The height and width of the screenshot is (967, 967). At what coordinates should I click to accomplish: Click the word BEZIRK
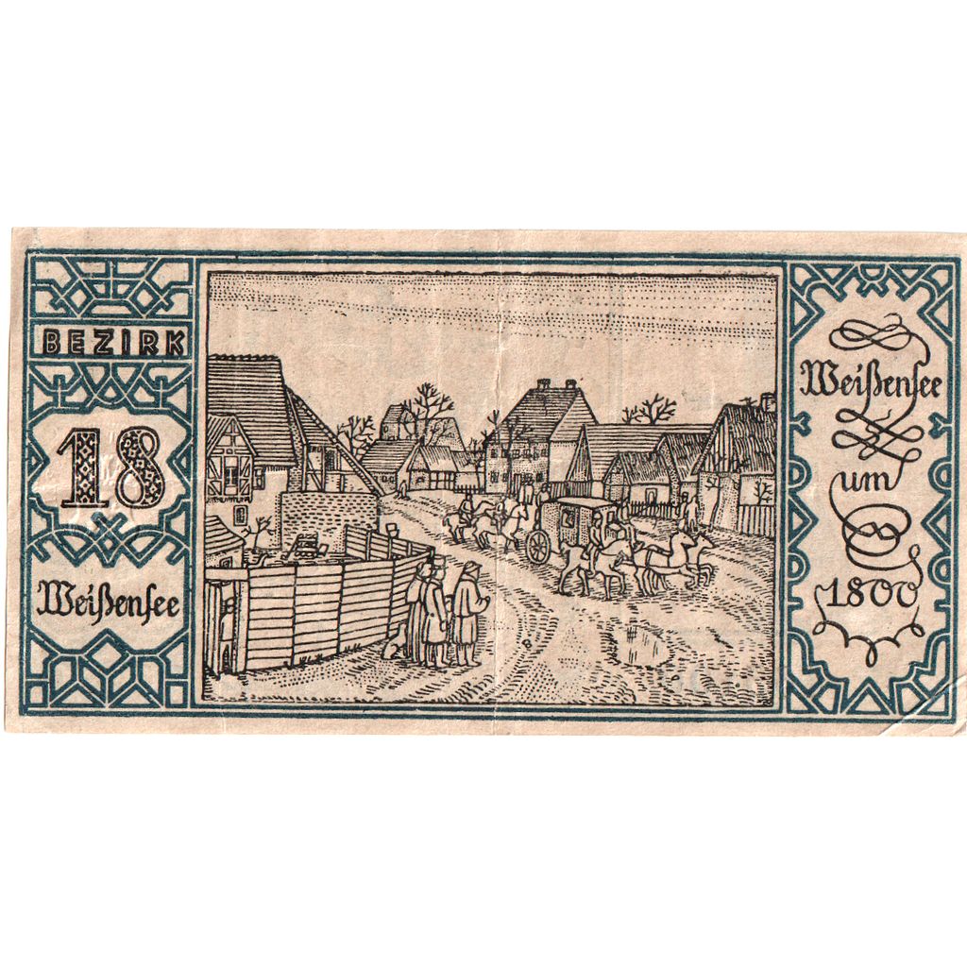tap(110, 345)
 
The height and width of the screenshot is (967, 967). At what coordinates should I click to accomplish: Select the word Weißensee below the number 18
tap(109, 602)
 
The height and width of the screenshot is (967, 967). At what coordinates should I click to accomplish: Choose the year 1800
tap(866, 595)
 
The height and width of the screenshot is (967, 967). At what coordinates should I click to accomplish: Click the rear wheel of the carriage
tap(537, 546)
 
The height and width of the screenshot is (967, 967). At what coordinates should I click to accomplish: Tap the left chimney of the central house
tap(543, 385)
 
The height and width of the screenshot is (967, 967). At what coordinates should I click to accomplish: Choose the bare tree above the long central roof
tap(652, 410)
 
